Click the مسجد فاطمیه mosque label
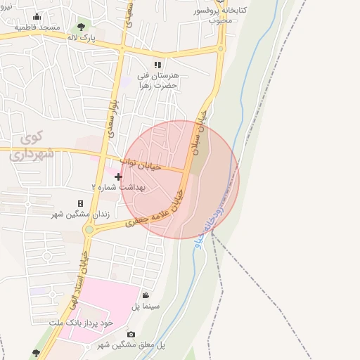click(x=39, y=27)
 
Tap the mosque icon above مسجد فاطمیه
click(x=37, y=17)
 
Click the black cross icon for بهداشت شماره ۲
click(x=118, y=176)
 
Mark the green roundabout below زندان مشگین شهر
click(x=89, y=229)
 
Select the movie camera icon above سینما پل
click(x=146, y=296)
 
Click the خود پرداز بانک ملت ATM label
click(x=81, y=321)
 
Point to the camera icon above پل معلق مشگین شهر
click(x=130, y=335)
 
